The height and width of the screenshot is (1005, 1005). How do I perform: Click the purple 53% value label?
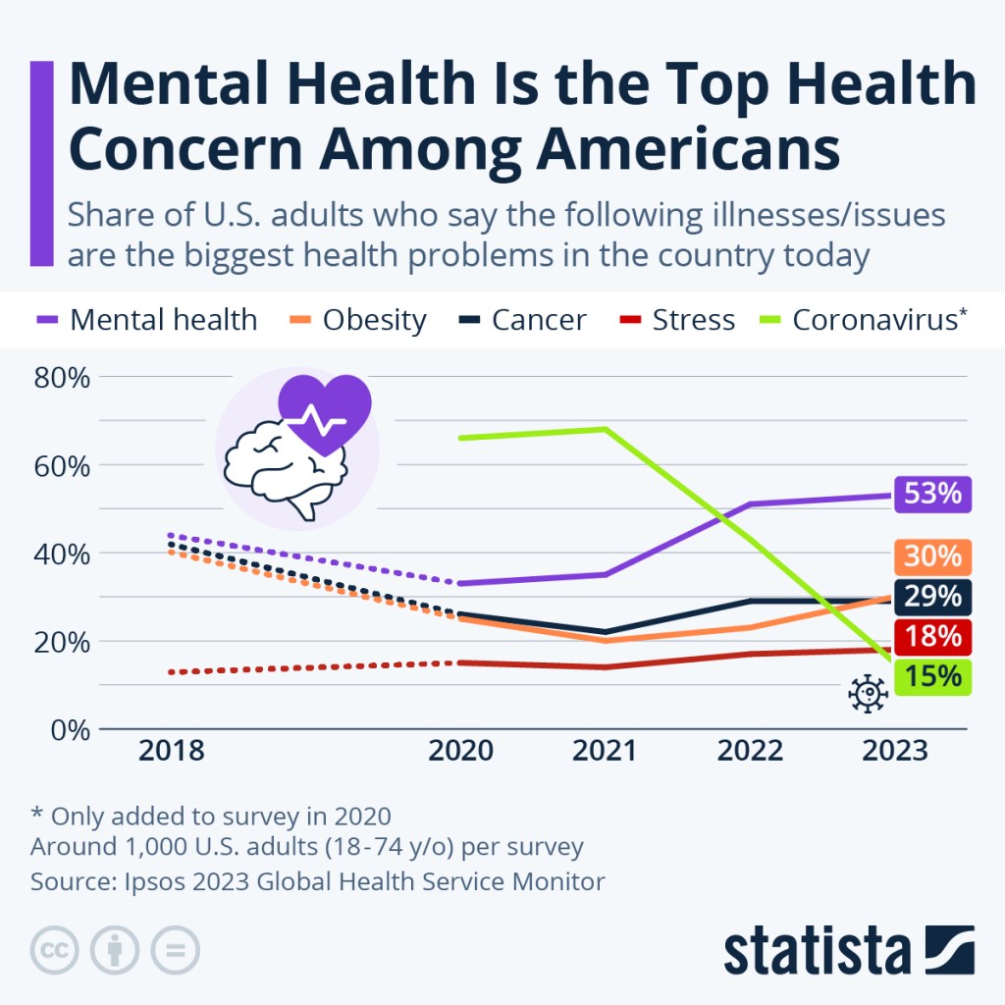click(932, 494)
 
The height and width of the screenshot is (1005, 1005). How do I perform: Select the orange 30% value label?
click(932, 556)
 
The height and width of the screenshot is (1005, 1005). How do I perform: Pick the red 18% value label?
click(932, 636)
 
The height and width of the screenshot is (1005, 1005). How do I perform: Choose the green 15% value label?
click(932, 677)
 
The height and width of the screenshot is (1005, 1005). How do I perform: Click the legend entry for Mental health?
click(147, 320)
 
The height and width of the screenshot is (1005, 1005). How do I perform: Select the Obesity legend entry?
click(358, 320)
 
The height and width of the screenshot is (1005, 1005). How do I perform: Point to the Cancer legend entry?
click(523, 320)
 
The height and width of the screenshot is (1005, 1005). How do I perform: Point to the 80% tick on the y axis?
click(63, 377)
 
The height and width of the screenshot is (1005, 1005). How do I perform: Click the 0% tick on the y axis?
click(71, 730)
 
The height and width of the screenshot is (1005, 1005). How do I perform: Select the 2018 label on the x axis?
click(171, 751)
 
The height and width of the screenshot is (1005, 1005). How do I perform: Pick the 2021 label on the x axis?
click(606, 751)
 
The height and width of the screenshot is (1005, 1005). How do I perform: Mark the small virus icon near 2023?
click(868, 693)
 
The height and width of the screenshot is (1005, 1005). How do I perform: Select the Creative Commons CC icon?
click(55, 949)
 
